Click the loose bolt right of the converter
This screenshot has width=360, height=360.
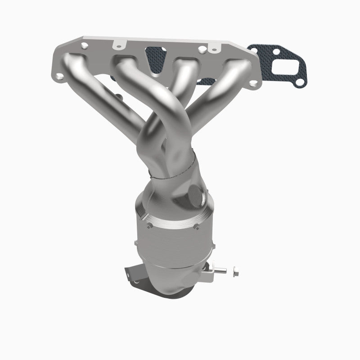coord(236,272)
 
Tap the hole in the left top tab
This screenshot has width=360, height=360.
coord(119,45)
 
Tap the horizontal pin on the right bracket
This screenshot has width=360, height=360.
coord(220,271)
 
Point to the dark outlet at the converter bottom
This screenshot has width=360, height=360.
coord(153,292)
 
